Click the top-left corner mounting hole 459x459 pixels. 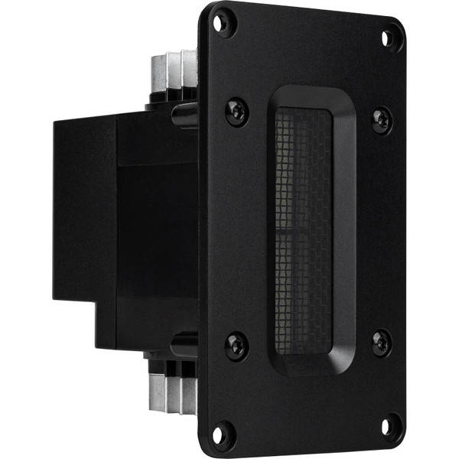click(223, 22)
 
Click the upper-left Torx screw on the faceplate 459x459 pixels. click(236, 112)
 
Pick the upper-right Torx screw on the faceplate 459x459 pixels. click(382, 120)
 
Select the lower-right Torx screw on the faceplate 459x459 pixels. click(382, 342)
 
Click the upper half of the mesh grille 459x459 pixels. click(303, 168)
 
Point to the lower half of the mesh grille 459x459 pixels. click(303, 291)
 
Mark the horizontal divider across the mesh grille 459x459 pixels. click(303, 229)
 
